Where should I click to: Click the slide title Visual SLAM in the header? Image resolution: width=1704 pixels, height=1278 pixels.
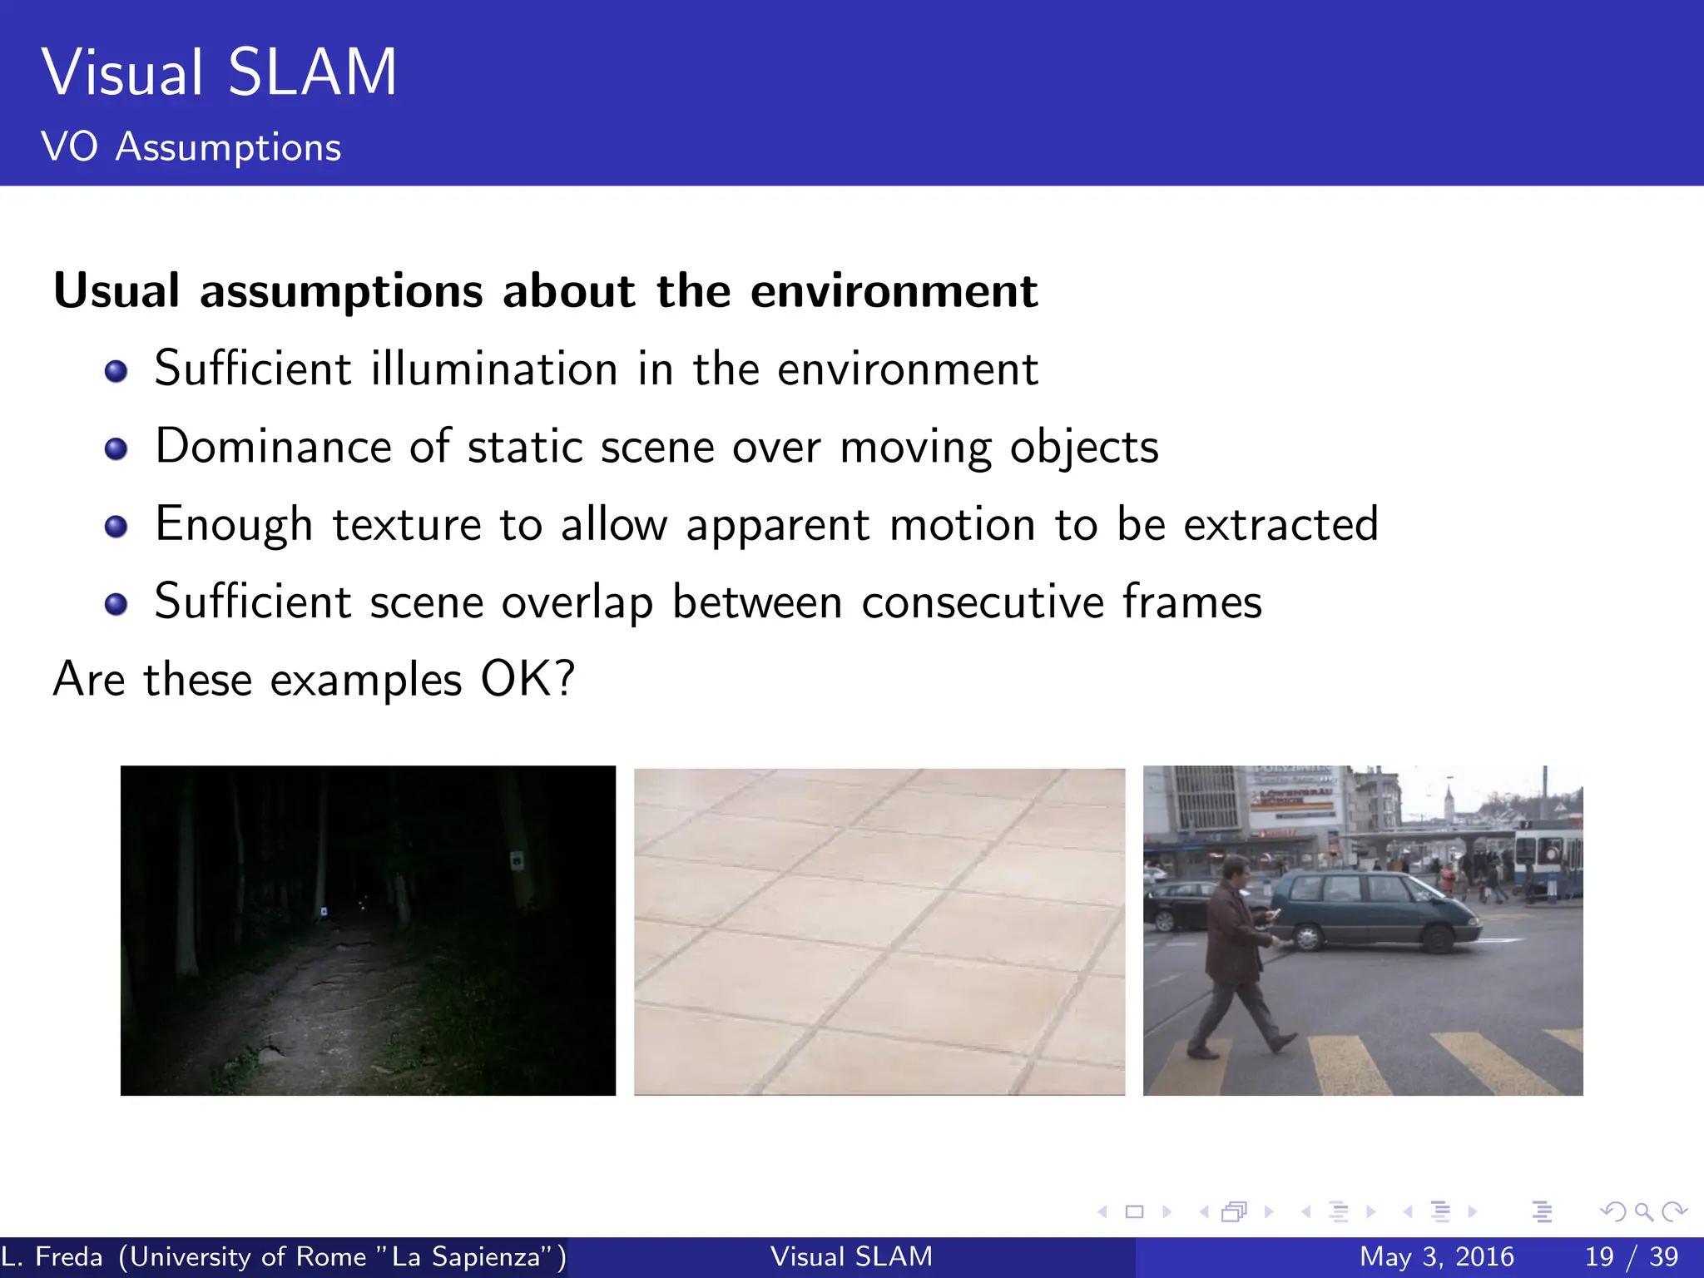coord(219,73)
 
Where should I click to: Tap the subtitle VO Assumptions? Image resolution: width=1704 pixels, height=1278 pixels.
coord(191,147)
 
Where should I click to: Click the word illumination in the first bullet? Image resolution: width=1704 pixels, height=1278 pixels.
coord(493,369)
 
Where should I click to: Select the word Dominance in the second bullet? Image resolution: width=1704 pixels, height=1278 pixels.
coord(273,447)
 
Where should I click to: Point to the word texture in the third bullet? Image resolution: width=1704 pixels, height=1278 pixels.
coord(407,525)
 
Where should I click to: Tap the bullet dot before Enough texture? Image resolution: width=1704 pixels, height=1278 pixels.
coord(116,527)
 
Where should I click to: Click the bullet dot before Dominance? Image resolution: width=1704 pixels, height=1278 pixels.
coord(116,449)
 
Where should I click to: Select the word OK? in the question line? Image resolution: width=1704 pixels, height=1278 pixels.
coord(528,680)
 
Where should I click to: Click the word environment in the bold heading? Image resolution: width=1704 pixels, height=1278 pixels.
coord(894,291)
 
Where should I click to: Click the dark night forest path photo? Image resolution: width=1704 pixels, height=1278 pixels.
coord(368,930)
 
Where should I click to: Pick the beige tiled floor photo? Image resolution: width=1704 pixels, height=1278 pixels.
coord(879,931)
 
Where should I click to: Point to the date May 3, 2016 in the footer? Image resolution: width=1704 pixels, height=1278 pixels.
coord(1436,1256)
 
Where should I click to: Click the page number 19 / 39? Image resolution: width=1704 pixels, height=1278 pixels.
coord(1631,1256)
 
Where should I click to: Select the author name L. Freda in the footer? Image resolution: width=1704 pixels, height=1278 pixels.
coord(52,1256)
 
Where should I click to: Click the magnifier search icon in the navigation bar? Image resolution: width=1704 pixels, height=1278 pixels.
coord(1643,1212)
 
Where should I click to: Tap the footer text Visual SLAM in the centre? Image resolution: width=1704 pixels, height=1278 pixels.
coord(851,1256)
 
